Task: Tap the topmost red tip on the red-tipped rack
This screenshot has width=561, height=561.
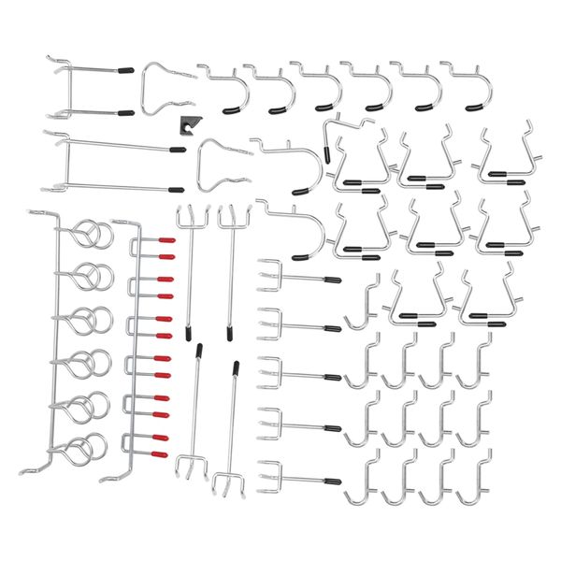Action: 166,240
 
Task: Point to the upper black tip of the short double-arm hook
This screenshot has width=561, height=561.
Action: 126,68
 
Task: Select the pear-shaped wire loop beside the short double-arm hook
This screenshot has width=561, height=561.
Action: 166,89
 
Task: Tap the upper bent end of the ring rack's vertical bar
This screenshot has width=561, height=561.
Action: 33,214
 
